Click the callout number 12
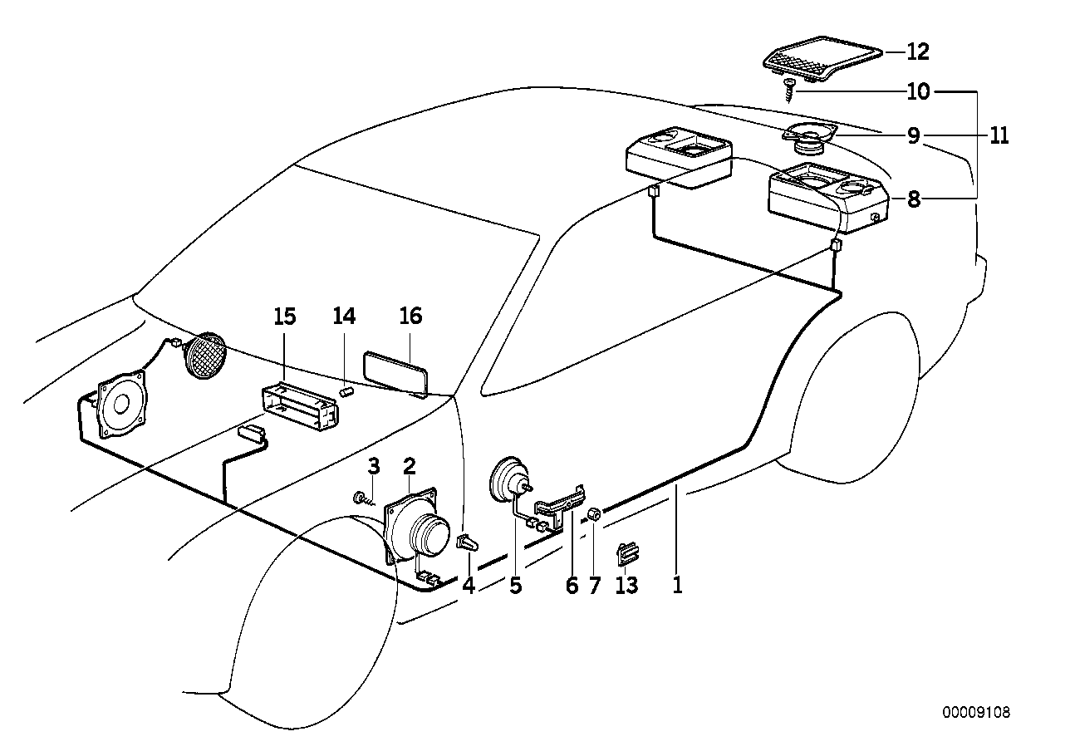tap(918, 52)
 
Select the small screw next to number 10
tap(787, 89)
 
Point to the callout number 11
tap(998, 135)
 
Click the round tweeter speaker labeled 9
tap(808, 137)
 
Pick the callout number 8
tap(914, 199)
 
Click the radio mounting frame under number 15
tap(300, 406)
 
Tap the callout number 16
tap(410, 316)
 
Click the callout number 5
tap(515, 586)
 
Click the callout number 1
tap(677, 586)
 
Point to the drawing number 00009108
tap(976, 713)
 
